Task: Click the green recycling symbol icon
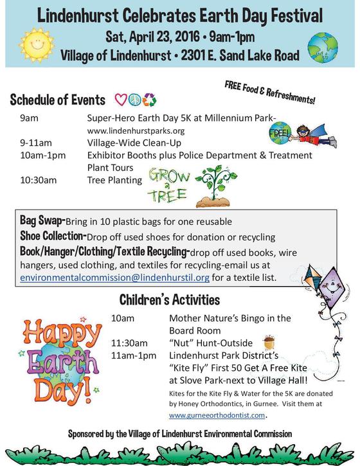coord(150,100)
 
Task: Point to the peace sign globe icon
coord(134,100)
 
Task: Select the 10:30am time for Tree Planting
coord(38,181)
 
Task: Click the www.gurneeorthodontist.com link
coord(217,415)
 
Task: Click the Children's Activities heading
coord(170,300)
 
